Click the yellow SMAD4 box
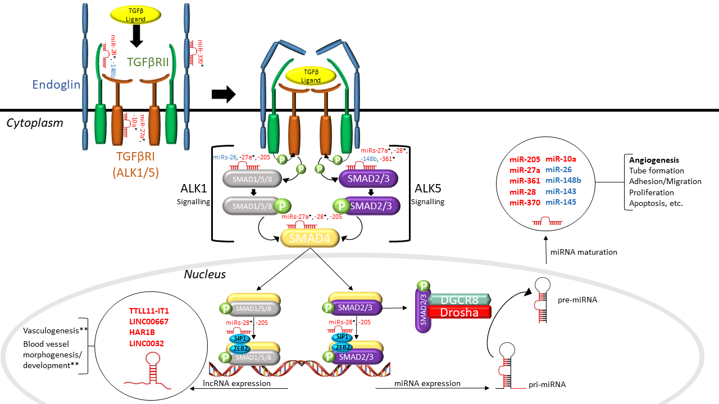pos(310,238)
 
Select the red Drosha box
pos(460,313)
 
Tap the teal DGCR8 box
pos(460,300)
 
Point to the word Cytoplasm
pos(35,122)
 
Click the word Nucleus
pos(205,274)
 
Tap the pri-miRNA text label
pos(547,385)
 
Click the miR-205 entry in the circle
pos(525,159)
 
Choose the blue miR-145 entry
pos(561,202)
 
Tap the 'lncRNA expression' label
pos(236,383)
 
